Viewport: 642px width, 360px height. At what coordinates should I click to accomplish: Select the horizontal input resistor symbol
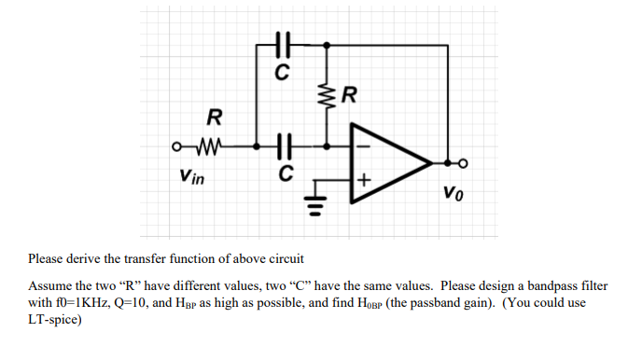click(x=209, y=146)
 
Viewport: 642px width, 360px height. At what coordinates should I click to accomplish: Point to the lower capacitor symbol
click(x=286, y=146)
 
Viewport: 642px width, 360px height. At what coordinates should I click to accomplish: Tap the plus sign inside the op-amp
click(x=361, y=176)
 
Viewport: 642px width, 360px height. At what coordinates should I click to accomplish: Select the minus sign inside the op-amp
click(x=361, y=146)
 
